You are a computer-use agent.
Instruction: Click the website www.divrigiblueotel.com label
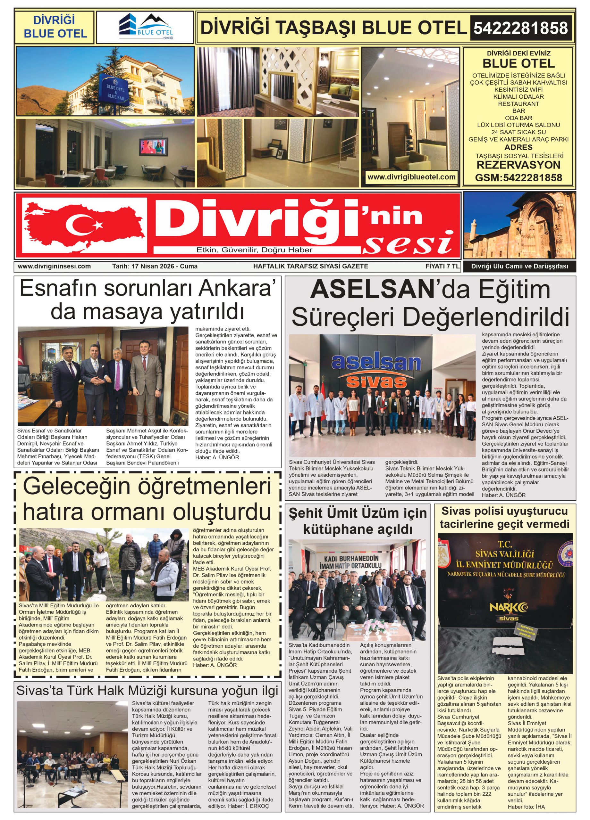(x=411, y=177)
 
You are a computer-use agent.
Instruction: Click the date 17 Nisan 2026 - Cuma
(x=155, y=266)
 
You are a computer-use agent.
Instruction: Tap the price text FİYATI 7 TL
(x=442, y=266)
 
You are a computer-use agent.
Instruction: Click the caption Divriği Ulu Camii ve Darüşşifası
(x=519, y=266)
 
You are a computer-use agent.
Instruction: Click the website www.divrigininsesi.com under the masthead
(x=54, y=266)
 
